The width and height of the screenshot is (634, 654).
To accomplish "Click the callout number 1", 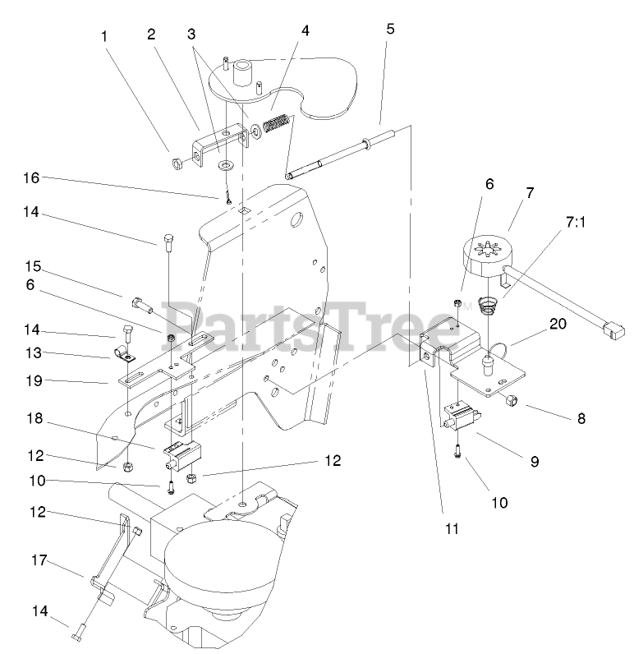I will tap(104, 36).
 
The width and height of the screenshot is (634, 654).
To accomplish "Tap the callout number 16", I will tap(31, 178).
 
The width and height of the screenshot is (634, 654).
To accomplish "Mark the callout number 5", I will tap(389, 29).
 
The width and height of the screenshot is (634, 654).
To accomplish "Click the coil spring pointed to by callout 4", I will tap(275, 125).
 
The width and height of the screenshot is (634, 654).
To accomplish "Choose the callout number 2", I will tap(151, 35).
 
